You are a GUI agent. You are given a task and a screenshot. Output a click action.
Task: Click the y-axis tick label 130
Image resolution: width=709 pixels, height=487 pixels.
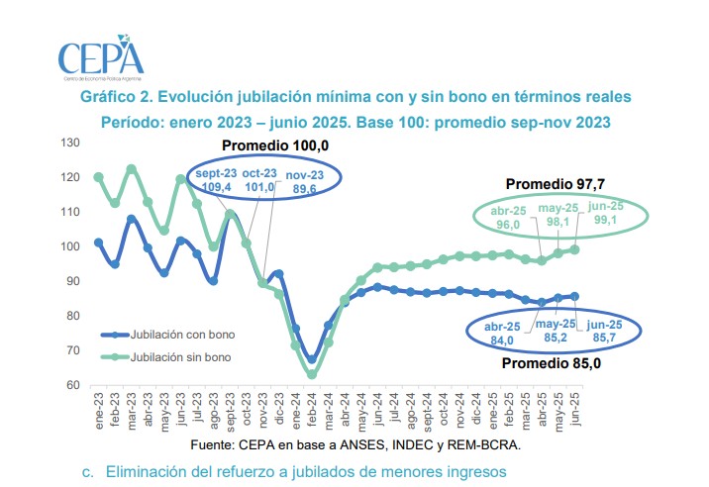tap(68, 144)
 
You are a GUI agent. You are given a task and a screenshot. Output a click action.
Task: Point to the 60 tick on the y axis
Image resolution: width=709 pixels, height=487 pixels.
tap(72, 385)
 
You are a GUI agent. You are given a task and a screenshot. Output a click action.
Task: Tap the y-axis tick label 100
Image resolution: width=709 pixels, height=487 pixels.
tap(68, 246)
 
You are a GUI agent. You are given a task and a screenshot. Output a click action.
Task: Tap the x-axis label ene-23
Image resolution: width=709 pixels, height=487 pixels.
tap(98, 409)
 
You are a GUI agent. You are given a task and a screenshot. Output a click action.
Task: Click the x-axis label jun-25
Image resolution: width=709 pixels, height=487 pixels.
tap(576, 409)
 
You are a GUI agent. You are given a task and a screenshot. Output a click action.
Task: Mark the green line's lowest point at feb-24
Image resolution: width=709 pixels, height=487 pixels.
tap(312, 374)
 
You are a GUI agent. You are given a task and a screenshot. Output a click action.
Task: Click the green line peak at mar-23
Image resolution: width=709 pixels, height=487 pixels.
tap(131, 169)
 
